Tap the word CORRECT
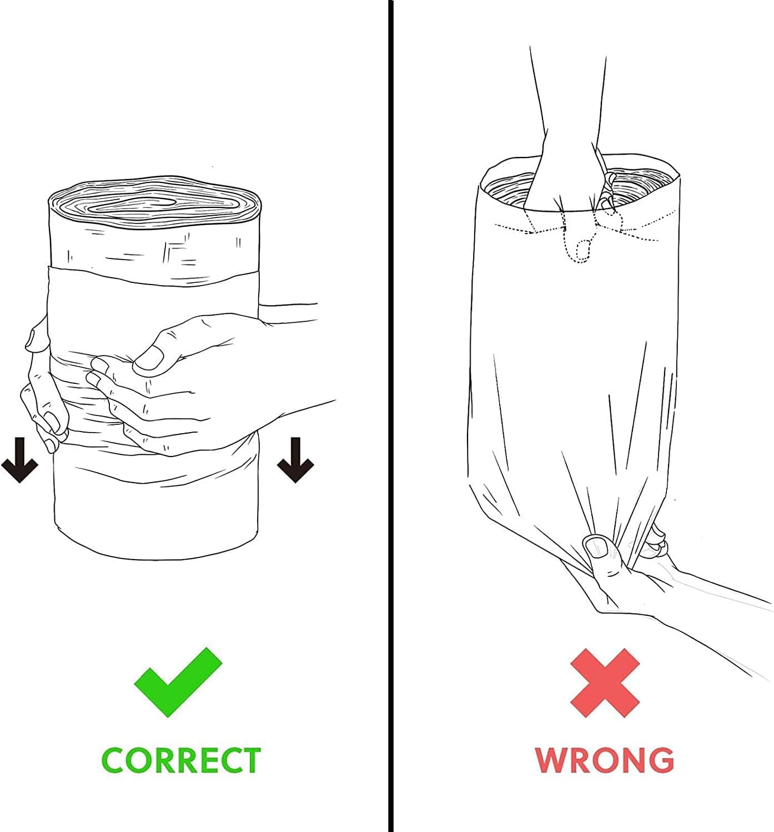click(181, 760)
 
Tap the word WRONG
click(604, 760)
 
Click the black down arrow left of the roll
click(19, 460)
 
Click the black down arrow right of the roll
click(295, 460)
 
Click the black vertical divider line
click(390, 416)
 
